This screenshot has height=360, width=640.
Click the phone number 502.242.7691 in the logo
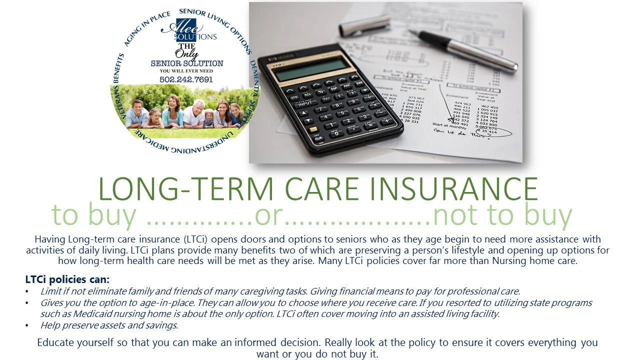coord(186,79)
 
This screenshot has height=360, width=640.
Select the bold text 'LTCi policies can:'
coord(67,279)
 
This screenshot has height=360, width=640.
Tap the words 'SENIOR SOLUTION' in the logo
coord(187,63)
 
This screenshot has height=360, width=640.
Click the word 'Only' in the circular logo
coord(186,54)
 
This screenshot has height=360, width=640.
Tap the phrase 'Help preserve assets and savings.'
coord(109,325)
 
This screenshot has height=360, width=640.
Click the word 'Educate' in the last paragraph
coord(56,343)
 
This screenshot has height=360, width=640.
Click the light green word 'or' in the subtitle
coord(269,215)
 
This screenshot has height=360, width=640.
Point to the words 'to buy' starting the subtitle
coord(93,215)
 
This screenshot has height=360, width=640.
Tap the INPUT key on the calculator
coord(304,104)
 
